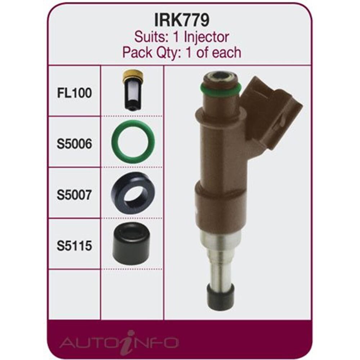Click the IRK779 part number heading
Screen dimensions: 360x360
click(181, 20)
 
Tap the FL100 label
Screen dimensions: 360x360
click(74, 93)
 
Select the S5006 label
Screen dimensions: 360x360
click(74, 144)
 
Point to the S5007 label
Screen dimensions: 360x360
click(74, 195)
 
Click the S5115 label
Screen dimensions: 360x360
click(74, 246)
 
